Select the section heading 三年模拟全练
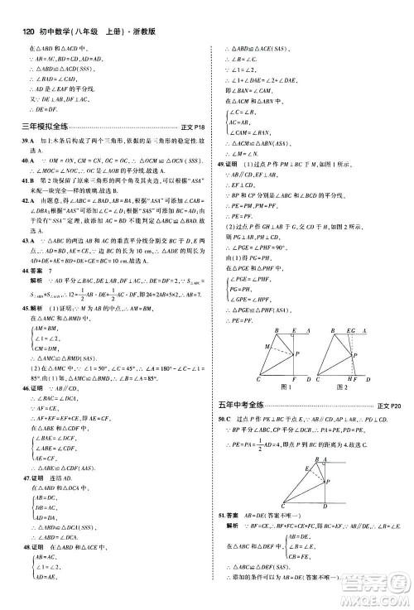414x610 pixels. tap(37, 127)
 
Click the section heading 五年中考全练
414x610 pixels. tap(239, 382)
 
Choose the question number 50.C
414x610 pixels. tap(224, 397)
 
